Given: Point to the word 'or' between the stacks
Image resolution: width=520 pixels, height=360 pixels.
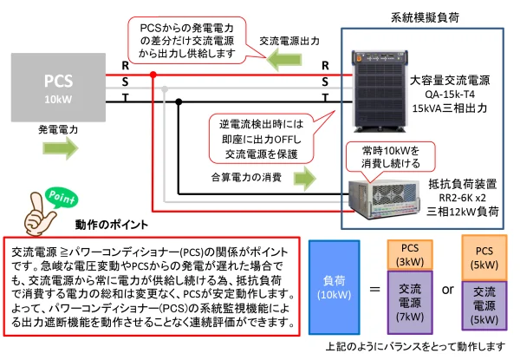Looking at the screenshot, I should click(448, 289).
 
